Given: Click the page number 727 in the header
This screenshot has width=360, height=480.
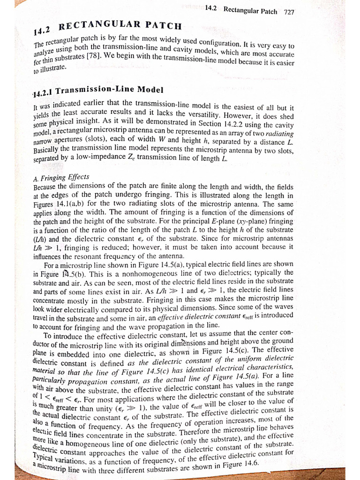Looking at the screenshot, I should click(x=289, y=12).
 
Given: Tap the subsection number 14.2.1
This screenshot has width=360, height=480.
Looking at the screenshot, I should click(x=44, y=93).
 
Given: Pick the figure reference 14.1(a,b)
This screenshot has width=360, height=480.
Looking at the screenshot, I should click(x=76, y=204).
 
